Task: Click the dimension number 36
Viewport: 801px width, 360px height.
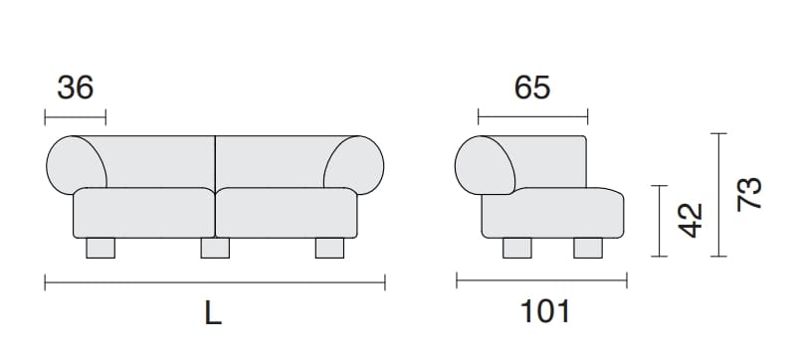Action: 75,88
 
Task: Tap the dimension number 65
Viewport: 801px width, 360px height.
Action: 532,88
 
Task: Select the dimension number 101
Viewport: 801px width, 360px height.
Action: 544,311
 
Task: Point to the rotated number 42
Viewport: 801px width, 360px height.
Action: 691,220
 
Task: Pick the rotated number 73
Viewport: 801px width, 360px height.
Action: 749,194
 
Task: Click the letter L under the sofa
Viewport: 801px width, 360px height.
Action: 213,312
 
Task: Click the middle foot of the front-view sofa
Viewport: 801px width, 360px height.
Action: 215,249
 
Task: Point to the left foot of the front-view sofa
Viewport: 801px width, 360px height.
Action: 100,249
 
